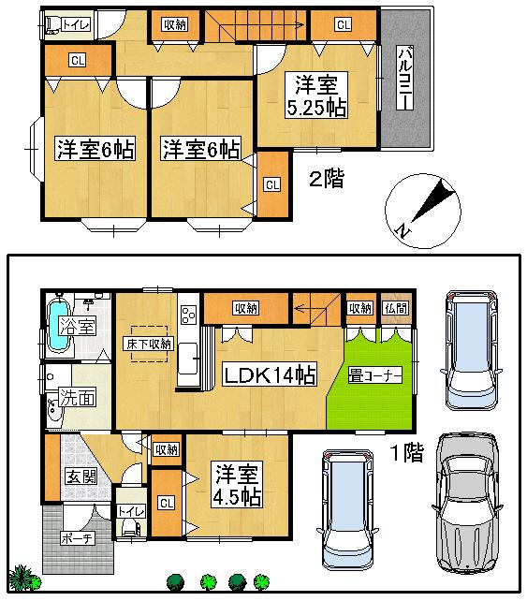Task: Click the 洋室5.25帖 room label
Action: click(315, 96)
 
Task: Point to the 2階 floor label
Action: click(326, 179)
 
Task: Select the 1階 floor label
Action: click(406, 455)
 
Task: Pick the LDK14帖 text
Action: click(268, 375)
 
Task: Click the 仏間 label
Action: click(394, 309)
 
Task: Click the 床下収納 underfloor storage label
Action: click(147, 344)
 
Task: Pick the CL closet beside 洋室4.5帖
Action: click(167, 503)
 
